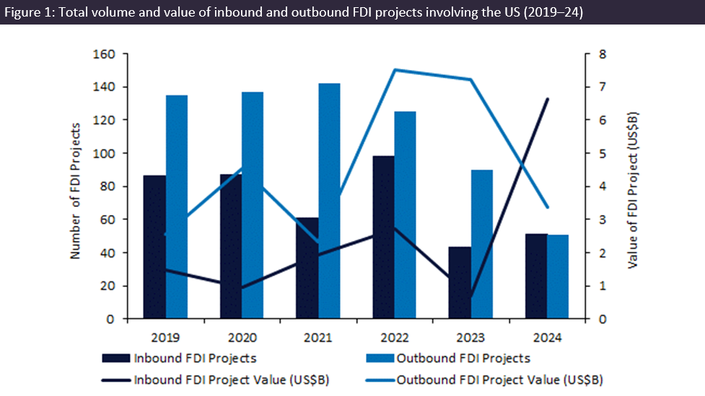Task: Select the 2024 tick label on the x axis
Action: point(546,338)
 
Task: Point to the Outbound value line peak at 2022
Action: point(395,70)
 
